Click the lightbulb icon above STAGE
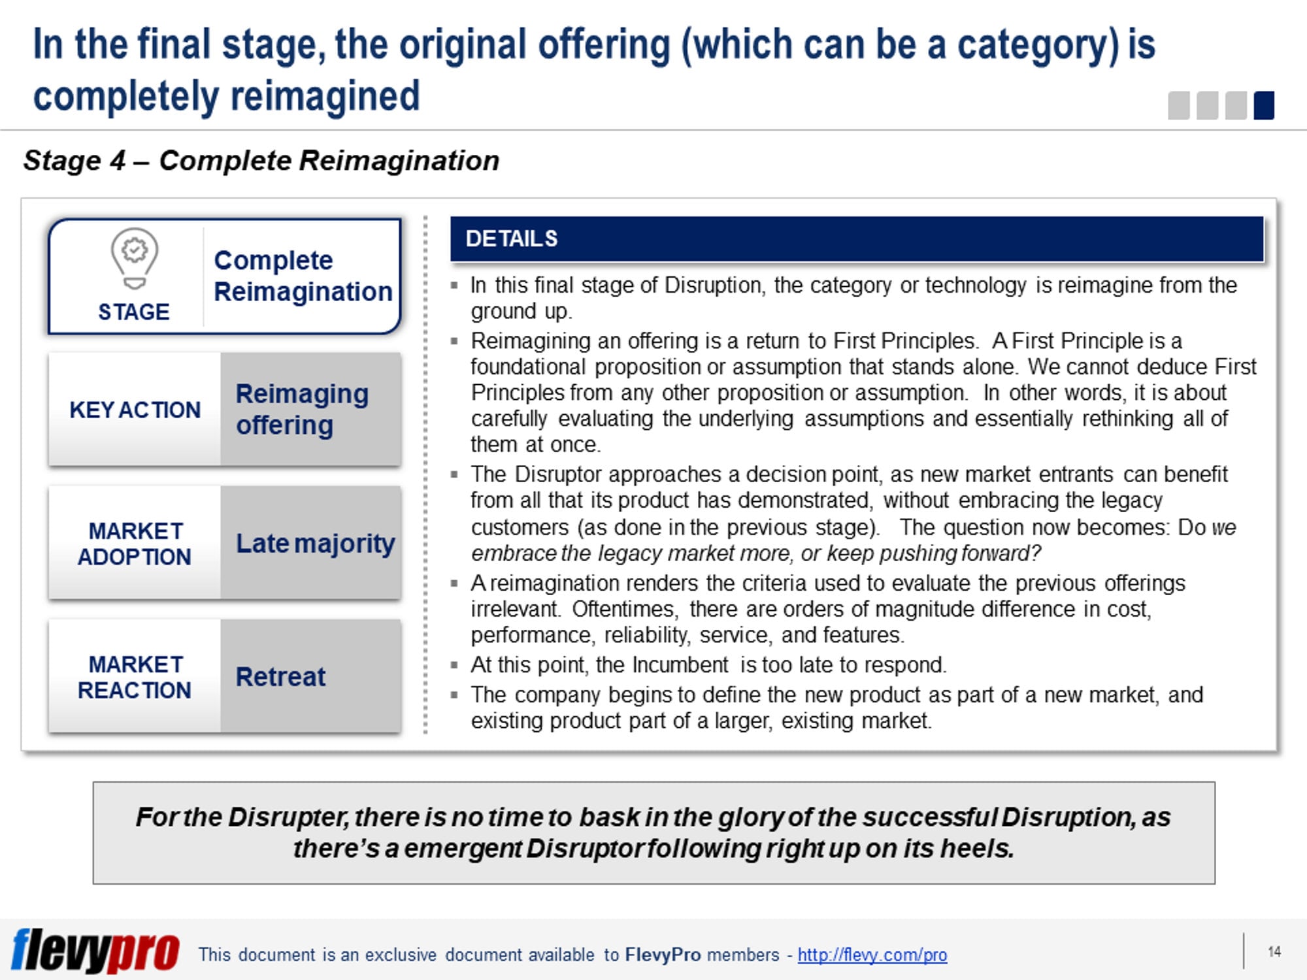coord(134,259)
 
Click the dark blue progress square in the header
coord(1264,106)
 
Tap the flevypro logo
coord(95,951)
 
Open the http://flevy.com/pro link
coord(872,955)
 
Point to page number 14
coord(1274,952)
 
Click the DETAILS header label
coord(512,239)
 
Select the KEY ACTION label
coord(135,410)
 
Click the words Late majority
coord(315,543)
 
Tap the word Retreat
coord(280,677)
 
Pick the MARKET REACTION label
coord(135,677)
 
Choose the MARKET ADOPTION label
coord(135,544)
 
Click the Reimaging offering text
coord(302,409)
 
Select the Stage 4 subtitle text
coord(261,161)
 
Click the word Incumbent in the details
coord(680,665)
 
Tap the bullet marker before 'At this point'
coord(454,665)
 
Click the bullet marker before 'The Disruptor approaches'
coord(454,474)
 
